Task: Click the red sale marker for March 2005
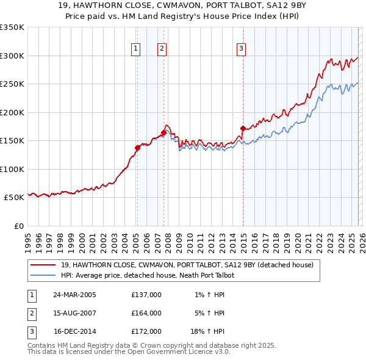(137, 147)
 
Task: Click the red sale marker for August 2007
(163, 132)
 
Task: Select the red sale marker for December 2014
(242, 128)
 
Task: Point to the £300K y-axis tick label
(12, 56)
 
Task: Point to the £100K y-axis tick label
(12, 169)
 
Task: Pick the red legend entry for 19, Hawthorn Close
(187, 265)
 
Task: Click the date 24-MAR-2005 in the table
(74, 295)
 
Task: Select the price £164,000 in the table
(146, 313)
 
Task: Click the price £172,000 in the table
(146, 331)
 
